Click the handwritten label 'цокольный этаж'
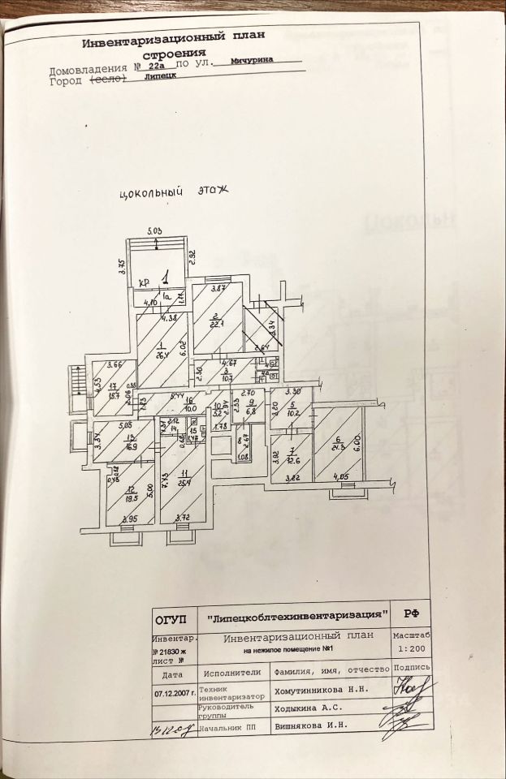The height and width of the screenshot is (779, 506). [x=175, y=193]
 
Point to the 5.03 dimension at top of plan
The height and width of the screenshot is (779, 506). [x=154, y=233]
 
